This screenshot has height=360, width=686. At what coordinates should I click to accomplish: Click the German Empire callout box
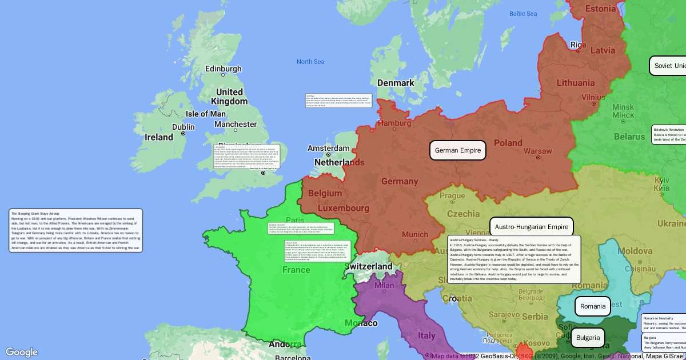tap(457, 150)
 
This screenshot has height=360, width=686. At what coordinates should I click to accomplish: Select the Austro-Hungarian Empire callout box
tap(531, 227)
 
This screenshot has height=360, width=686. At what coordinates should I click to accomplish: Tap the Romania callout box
tap(592, 306)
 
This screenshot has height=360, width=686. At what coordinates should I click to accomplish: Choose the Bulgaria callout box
tap(588, 338)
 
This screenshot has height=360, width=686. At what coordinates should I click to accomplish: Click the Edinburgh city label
tap(223, 69)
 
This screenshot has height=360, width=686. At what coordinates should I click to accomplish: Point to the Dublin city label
tap(183, 127)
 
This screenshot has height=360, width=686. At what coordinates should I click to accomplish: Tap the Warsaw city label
tap(538, 151)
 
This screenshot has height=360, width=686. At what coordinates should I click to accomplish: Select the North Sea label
tap(310, 62)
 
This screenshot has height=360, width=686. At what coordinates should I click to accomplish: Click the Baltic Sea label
tap(523, 14)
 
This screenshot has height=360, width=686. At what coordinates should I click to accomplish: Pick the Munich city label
tap(414, 234)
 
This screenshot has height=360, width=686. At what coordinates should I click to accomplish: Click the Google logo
tap(22, 352)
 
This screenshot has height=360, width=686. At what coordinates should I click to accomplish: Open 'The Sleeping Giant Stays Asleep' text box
tap(75, 231)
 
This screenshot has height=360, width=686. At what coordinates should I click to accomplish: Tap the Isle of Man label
tap(205, 114)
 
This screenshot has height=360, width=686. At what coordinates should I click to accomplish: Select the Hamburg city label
tap(394, 123)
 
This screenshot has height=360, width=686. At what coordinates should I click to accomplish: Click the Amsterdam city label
tap(328, 148)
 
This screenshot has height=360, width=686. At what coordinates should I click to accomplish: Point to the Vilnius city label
tap(593, 98)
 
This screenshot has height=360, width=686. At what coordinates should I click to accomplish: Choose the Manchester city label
tap(236, 124)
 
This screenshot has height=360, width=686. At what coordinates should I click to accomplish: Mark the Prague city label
tap(452, 195)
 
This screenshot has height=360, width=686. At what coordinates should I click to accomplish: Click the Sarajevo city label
tap(487, 315)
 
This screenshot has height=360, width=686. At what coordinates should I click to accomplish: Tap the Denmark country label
tap(395, 83)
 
